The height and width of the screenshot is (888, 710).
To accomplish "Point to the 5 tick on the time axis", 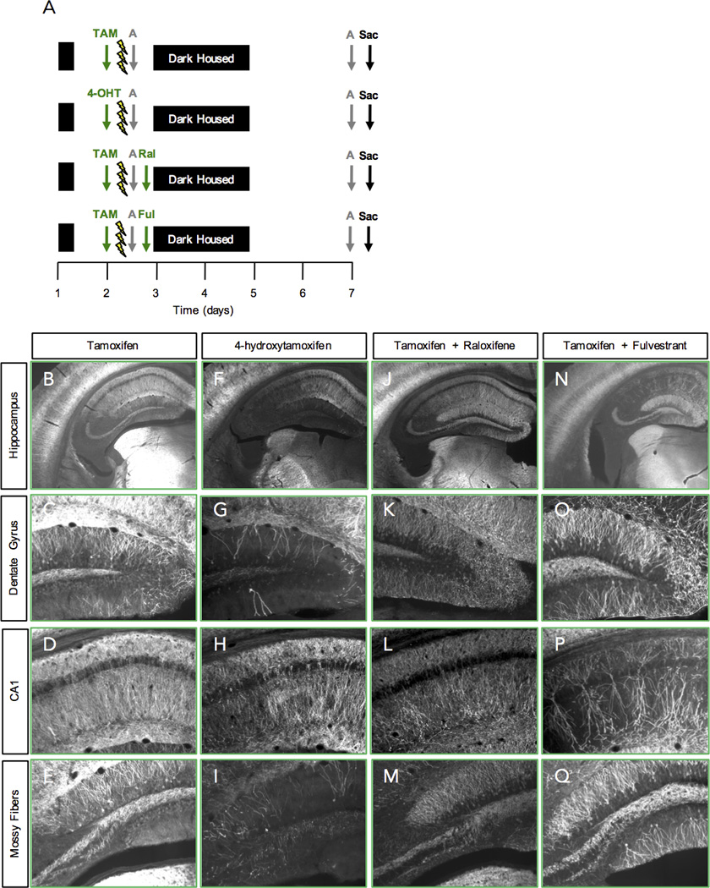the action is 254,293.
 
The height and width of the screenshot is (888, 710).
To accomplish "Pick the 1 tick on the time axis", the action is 57,293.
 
